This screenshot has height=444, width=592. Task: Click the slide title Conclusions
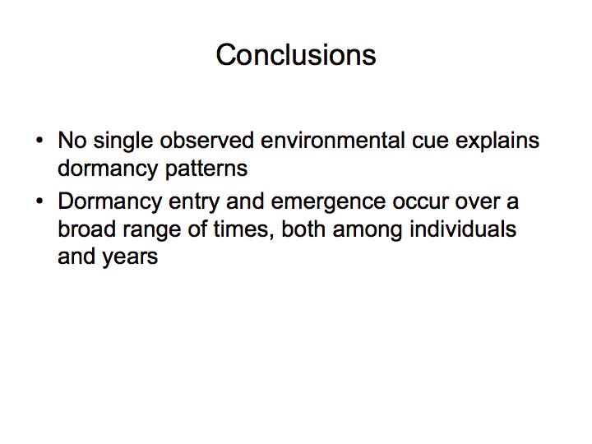(296, 55)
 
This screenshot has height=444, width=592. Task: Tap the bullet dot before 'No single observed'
(39, 141)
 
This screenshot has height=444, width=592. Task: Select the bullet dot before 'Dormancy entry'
(39, 201)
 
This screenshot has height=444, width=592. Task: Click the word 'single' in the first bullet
(123, 141)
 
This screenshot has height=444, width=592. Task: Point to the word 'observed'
(207, 141)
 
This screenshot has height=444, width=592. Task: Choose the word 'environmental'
(333, 141)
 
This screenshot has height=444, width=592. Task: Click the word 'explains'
(497, 141)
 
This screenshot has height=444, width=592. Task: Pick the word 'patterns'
(206, 169)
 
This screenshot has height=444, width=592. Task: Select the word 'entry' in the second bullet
(194, 203)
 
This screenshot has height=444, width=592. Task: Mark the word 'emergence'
(328, 203)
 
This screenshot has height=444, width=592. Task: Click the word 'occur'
(420, 204)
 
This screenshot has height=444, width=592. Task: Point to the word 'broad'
(86, 229)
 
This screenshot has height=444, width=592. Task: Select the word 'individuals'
(463, 229)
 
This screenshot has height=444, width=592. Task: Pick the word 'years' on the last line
(130, 258)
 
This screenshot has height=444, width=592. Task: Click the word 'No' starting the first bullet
(72, 141)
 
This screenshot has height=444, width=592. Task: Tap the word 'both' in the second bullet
(303, 229)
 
